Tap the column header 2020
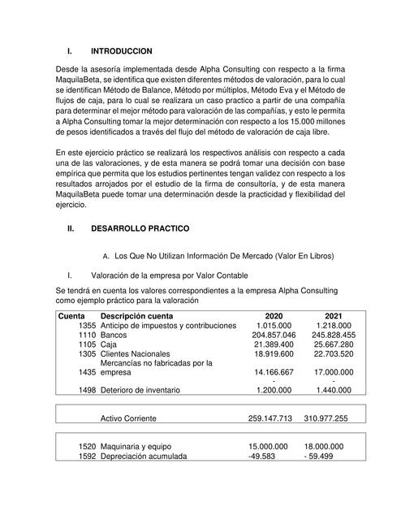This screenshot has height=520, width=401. click(274, 315)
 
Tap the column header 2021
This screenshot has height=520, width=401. click(334, 315)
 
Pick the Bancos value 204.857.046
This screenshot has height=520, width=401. click(274, 335)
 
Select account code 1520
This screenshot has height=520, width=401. click(86, 447)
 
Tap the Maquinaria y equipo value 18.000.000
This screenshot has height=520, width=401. click(323, 447)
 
